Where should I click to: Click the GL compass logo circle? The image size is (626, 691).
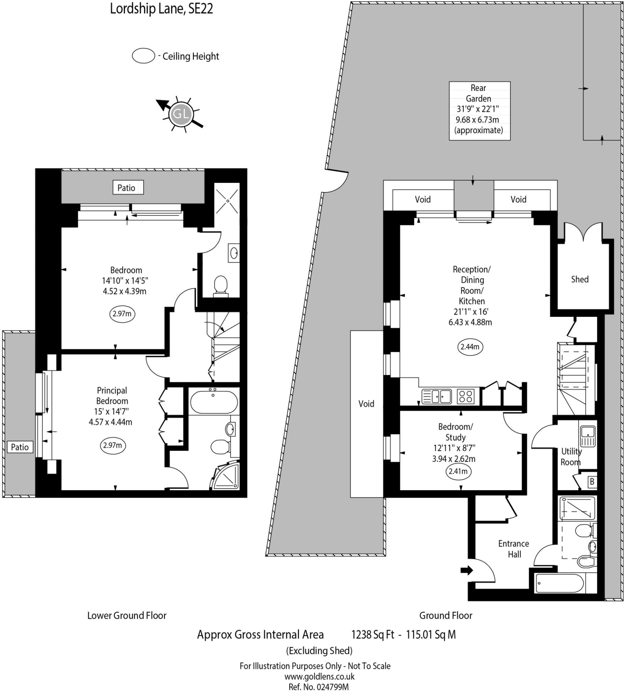(x=181, y=113)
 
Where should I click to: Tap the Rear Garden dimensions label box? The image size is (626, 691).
(x=479, y=111)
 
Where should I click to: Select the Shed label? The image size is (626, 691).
(x=580, y=279)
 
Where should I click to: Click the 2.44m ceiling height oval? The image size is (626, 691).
(x=470, y=347)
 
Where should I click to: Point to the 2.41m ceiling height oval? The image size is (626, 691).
(x=458, y=471)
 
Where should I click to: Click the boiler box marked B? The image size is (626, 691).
(x=592, y=482)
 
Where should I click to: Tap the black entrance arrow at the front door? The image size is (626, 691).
(x=467, y=570)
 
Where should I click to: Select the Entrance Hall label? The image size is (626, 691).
(x=514, y=549)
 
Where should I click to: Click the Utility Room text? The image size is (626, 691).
(x=571, y=457)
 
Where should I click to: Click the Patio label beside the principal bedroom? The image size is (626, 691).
(x=20, y=447)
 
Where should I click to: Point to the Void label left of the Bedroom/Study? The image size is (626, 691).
(x=366, y=404)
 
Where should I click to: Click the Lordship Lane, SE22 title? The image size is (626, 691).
(x=161, y=9)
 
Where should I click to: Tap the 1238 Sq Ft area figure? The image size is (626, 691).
(x=373, y=635)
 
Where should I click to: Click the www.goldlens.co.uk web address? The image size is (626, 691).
(x=319, y=676)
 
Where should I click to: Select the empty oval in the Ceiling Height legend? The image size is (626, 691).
(x=144, y=56)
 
